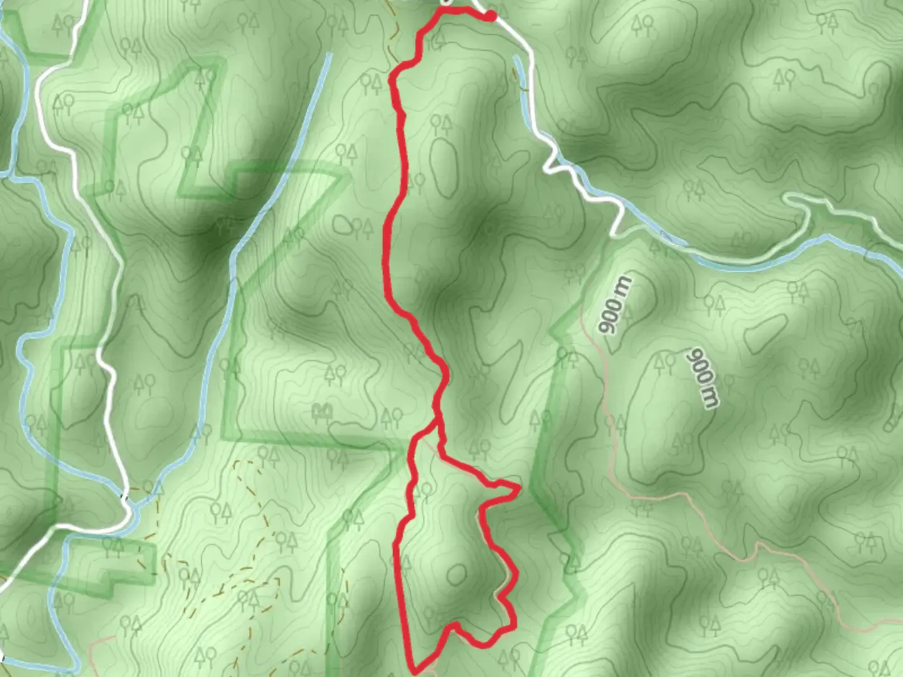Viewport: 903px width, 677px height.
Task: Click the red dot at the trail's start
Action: pos(491,16)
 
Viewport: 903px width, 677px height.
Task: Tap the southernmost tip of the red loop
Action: pos(415,672)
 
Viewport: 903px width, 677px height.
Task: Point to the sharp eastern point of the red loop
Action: pos(519,487)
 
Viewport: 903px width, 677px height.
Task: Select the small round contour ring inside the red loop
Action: pos(457,573)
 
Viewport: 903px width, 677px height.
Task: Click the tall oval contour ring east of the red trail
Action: pos(443,166)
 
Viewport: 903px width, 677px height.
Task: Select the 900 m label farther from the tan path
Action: pos(703,377)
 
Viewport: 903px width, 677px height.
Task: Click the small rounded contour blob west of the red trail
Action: pos(342,224)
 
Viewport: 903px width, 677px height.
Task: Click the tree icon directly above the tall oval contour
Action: pos(441,123)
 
